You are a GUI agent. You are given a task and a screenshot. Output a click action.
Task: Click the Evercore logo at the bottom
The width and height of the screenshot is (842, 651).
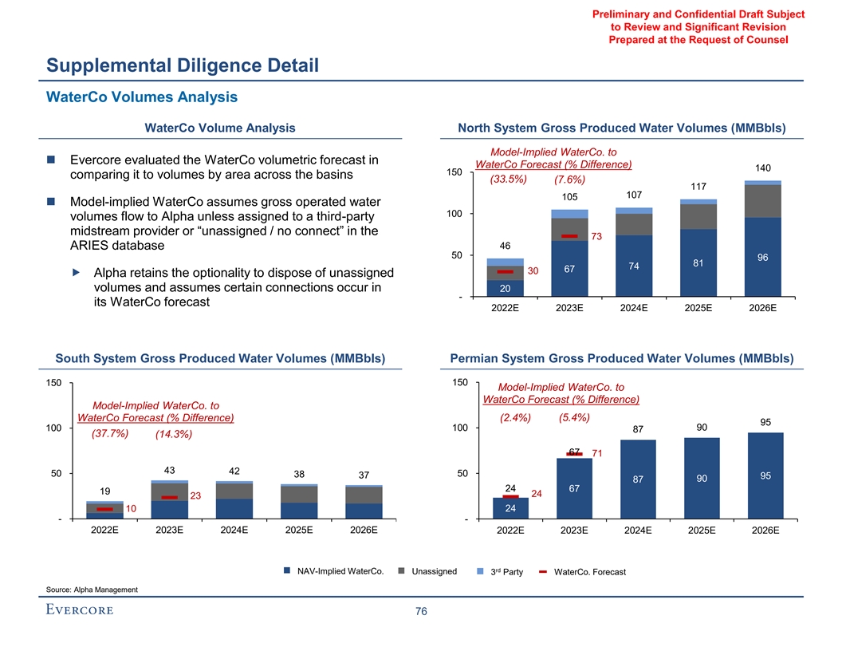[80, 611]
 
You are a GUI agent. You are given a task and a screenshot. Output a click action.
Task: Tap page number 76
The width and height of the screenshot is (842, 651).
[421, 612]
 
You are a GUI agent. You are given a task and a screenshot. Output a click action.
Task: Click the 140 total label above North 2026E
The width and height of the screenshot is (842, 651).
[762, 168]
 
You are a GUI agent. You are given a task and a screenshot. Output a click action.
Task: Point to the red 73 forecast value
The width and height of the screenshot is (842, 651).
[596, 236]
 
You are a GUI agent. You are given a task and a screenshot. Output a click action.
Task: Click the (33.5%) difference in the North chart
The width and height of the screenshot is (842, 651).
[507, 179]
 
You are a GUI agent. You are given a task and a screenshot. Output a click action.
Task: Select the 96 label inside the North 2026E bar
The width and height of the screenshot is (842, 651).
[762, 258]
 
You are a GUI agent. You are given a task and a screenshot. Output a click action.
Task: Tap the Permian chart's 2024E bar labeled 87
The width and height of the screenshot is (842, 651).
[637, 479]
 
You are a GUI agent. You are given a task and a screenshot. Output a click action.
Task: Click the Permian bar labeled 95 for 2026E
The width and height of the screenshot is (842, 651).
[765, 475]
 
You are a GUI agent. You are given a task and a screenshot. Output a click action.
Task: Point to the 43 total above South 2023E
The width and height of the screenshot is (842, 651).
[169, 469]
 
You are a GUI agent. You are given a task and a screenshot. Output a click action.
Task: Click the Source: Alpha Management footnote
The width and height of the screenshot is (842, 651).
[92, 590]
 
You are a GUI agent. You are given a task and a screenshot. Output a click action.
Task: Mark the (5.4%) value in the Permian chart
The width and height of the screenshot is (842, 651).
[574, 416]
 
